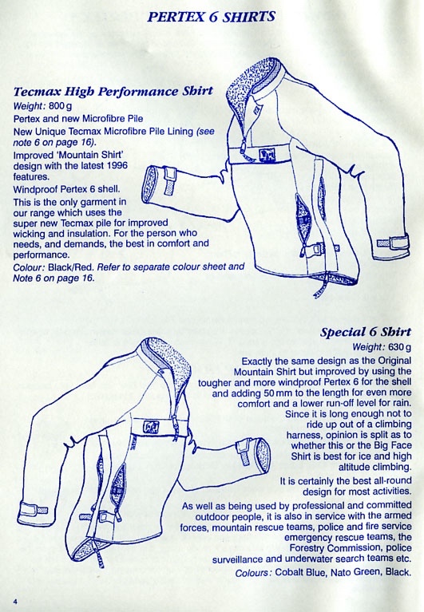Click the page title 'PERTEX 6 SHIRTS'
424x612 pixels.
point(212,17)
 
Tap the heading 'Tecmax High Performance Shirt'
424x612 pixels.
point(113,91)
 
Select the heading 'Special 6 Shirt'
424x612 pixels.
point(366,332)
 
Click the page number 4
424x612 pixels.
point(15,601)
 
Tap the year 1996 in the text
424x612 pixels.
point(117,165)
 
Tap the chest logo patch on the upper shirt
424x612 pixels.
point(267,155)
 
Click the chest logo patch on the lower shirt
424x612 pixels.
point(151,428)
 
